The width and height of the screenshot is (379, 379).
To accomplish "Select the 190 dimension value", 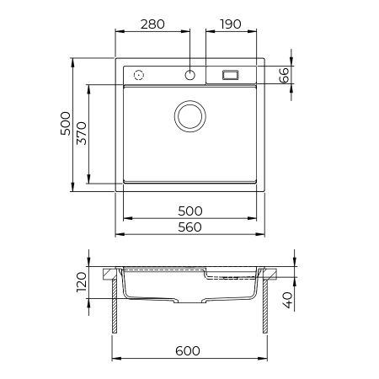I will pos(231,23).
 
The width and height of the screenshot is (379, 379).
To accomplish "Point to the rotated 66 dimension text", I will pos(286,75).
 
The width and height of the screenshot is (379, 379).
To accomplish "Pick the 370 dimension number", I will pos(82,133).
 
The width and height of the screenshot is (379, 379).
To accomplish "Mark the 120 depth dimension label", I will pos(82,282).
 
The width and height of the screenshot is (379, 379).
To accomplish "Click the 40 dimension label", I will pos(287,300).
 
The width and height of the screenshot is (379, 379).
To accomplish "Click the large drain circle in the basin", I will pos(190,115).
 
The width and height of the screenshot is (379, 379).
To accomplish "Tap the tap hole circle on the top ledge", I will pos(192,74).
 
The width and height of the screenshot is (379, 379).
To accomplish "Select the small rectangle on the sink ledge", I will pos(230,75).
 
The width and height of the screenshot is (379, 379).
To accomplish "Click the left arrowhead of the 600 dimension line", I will pos(117,357).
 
